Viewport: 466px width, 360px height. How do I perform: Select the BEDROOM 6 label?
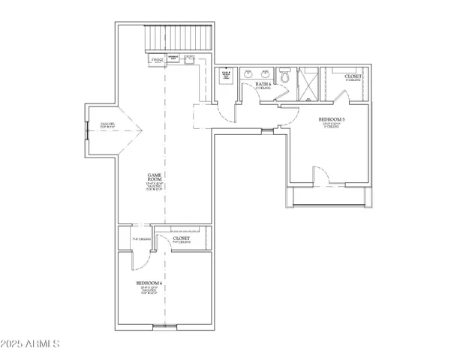(x=149, y=285)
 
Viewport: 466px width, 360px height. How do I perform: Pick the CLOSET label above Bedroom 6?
(x=181, y=239)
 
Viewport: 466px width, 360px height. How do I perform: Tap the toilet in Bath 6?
(x=284, y=77)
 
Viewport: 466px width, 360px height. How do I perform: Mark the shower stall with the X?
(x=308, y=83)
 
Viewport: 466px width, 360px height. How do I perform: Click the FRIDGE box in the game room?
(x=158, y=58)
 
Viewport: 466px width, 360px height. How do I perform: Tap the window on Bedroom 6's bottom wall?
(x=164, y=327)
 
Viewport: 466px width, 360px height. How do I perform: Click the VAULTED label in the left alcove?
(x=101, y=125)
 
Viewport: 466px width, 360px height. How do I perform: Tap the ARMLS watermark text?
(x=31, y=344)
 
